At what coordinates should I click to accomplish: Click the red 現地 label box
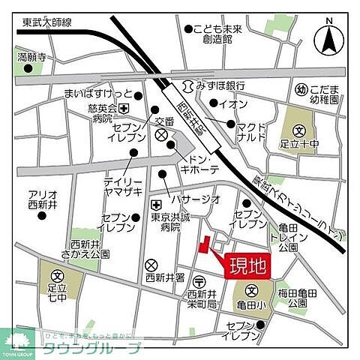247,265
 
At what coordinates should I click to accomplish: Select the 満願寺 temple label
32,56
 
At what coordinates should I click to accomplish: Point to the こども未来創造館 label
217,34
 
